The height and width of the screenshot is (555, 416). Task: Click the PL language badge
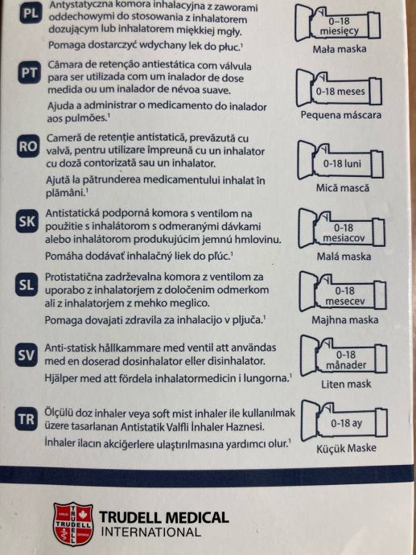pos(31,14)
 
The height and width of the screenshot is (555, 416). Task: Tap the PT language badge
pos(30,72)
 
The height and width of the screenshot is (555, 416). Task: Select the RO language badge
pos(28,146)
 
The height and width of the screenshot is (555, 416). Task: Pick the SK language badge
pos(27,221)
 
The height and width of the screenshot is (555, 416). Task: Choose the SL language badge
pos(27,285)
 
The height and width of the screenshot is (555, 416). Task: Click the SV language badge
pos(27,355)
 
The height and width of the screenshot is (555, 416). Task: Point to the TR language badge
pos(27,419)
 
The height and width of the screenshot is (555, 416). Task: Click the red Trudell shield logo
pos(74,523)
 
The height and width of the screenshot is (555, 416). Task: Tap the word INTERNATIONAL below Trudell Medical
pos(151,532)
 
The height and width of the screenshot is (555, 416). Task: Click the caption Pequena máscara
pos(341,115)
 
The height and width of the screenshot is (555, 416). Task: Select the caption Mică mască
pos(342,187)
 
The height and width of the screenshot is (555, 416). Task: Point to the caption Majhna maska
pos(345,320)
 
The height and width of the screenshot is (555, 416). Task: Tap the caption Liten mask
pos(346,384)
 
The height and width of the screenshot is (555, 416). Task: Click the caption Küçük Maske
pos(346,449)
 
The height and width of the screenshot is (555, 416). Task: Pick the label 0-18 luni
pos(342,163)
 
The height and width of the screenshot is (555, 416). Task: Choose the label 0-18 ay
pos(346,423)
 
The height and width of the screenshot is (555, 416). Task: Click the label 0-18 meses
pos(340,92)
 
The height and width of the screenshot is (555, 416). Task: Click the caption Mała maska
pos(340,49)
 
